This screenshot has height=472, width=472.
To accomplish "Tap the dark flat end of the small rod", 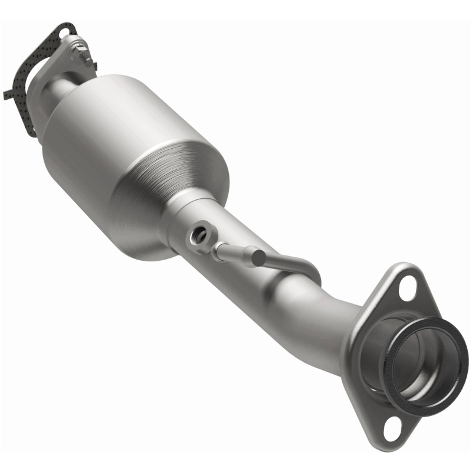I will [258, 257].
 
